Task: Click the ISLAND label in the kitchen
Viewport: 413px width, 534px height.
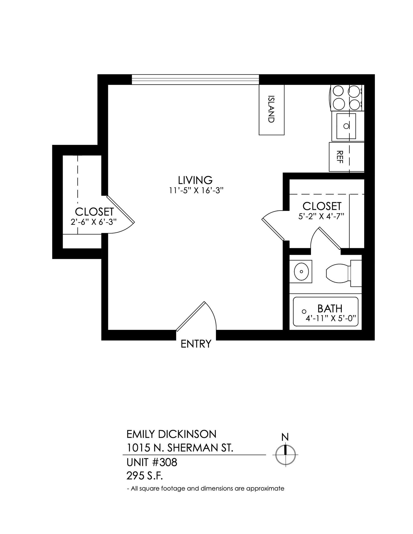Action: coord(271,109)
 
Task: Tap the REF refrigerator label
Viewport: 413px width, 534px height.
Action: coord(339,157)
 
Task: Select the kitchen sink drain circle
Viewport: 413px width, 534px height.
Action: coord(346,126)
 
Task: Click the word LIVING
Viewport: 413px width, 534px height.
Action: coord(195,180)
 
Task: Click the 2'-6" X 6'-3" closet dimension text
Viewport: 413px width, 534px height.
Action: coord(93,222)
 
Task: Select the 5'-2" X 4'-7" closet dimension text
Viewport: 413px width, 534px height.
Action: coord(321,216)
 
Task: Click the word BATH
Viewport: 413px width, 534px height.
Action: coord(330,309)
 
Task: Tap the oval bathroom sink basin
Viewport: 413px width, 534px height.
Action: coord(301,271)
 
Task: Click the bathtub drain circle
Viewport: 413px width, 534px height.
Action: coord(304,311)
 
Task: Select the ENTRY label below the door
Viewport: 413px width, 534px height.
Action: coord(196,344)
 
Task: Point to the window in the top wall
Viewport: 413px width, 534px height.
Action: coord(195,80)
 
